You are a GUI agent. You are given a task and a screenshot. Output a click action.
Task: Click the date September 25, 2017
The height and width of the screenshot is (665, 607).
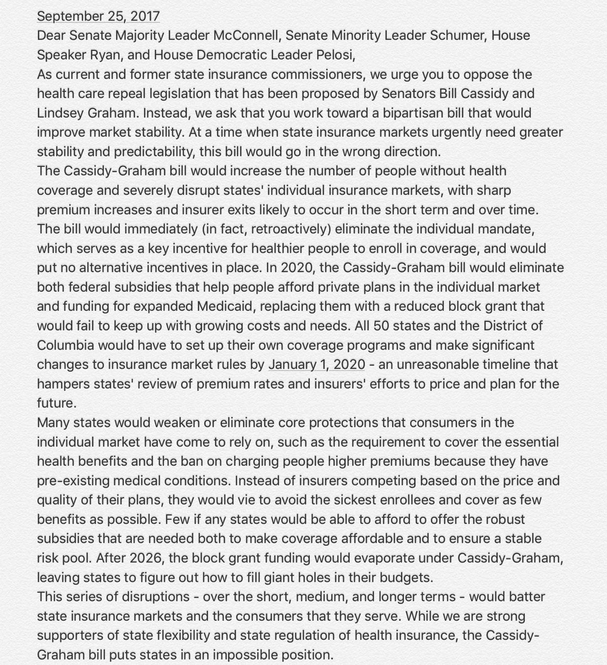(98, 16)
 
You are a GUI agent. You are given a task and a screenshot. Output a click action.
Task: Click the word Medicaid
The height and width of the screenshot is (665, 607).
(226, 306)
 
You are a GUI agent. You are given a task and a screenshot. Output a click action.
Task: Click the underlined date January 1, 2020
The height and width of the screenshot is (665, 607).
(317, 364)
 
